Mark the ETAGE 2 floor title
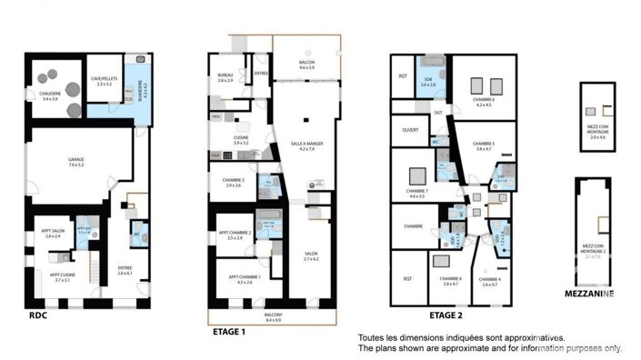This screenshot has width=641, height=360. [446, 315]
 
